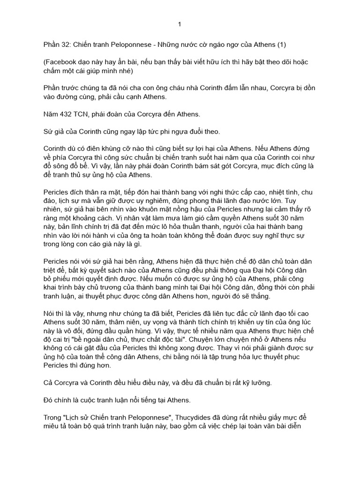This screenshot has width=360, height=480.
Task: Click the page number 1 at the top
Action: click(180, 24)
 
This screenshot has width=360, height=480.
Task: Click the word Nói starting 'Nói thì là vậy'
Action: click(49, 313)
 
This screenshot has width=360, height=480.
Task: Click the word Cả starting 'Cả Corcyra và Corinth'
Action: click(48, 382)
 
